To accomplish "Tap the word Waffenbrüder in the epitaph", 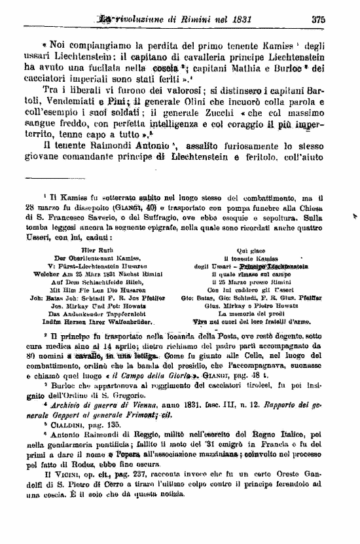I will coord(128,322).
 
